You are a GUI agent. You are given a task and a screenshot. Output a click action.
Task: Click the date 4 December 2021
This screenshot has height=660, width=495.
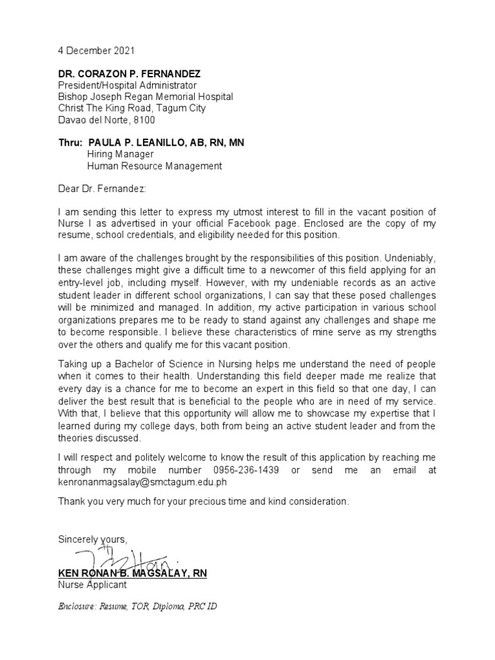(97, 50)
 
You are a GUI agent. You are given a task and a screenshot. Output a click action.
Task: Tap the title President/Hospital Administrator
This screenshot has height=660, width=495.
(128, 86)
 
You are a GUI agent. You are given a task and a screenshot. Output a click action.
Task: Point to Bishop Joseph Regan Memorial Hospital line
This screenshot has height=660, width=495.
(146, 97)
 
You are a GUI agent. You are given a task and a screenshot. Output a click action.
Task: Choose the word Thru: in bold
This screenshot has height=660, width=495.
(70, 142)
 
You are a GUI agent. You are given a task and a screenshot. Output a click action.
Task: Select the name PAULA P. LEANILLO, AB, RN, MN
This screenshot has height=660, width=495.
(166, 142)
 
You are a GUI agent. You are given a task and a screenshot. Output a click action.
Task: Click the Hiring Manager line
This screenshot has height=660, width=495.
(120, 154)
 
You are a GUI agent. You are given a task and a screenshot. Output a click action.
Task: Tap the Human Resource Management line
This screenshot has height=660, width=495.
(155, 166)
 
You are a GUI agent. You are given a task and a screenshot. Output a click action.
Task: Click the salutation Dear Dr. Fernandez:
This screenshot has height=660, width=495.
(102, 189)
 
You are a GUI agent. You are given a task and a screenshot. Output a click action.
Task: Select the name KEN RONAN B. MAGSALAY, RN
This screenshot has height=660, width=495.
(132, 573)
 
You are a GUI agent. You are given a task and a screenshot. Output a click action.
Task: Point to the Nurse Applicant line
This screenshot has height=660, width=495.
(92, 585)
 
